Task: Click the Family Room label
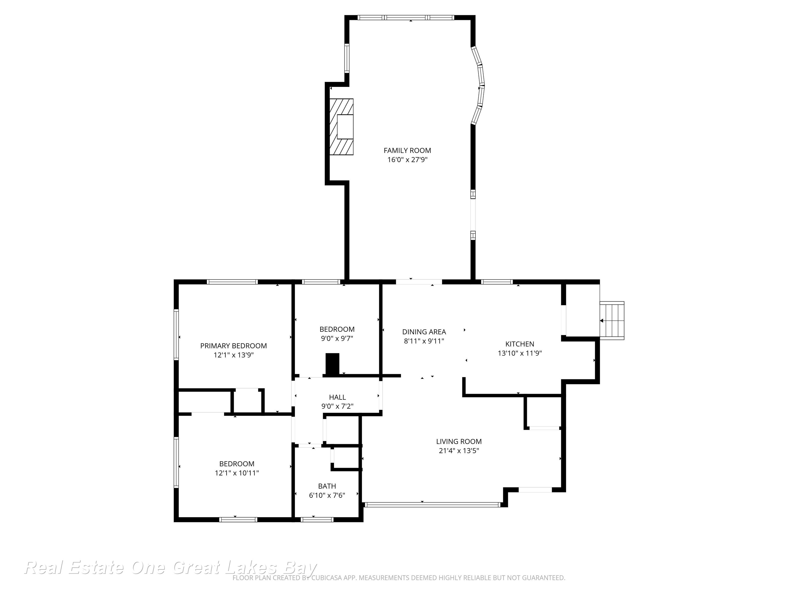(407, 151)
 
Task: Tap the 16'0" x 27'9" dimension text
(407, 160)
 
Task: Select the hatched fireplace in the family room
(341, 127)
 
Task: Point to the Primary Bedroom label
(234, 346)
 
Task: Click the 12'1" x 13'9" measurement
(234, 355)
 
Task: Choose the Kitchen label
(520, 344)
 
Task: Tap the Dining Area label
(424, 332)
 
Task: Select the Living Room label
(459, 441)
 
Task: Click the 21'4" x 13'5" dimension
(459, 451)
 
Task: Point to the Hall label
(337, 397)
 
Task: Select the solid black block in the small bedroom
(332, 364)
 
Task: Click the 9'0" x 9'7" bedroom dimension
(337, 338)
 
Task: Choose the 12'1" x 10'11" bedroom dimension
(237, 473)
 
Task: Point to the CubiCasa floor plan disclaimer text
(399, 578)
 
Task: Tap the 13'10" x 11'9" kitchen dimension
(520, 353)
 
